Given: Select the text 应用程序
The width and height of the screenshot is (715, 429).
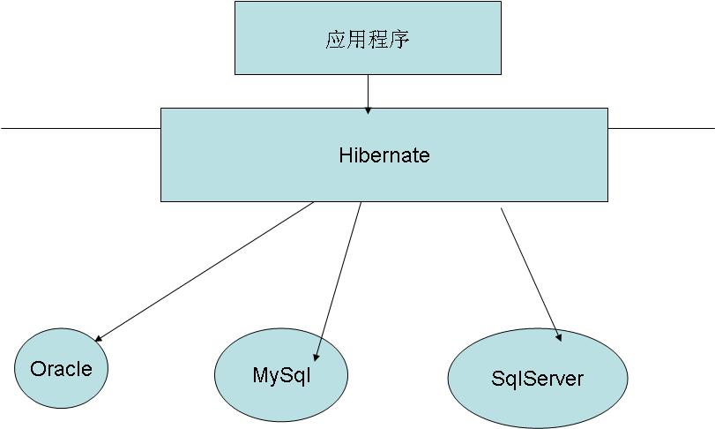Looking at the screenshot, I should click(x=368, y=41).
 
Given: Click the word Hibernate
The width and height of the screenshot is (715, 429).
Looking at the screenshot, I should click(x=384, y=156).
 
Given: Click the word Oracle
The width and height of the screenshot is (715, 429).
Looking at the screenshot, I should click(x=61, y=369).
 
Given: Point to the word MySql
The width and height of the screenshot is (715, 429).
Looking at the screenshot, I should click(x=281, y=374).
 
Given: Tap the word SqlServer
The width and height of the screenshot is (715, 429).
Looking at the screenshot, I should click(x=537, y=379).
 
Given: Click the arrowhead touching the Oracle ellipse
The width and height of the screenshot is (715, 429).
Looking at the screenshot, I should click(x=100, y=338).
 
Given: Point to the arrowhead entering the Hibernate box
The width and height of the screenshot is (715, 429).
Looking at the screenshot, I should click(x=368, y=109).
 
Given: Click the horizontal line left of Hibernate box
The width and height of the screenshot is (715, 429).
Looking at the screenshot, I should click(x=79, y=129).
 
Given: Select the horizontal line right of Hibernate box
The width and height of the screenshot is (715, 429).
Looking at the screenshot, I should click(x=661, y=129).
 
